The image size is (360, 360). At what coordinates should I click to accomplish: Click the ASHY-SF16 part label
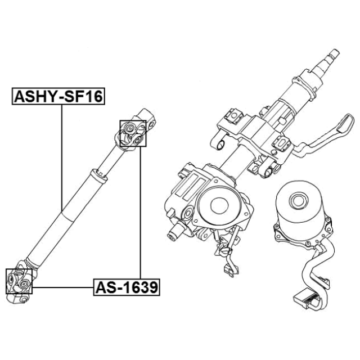point(58,97)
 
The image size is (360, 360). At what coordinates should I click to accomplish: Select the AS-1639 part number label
point(126,288)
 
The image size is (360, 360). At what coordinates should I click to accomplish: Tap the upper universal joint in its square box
point(133,134)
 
